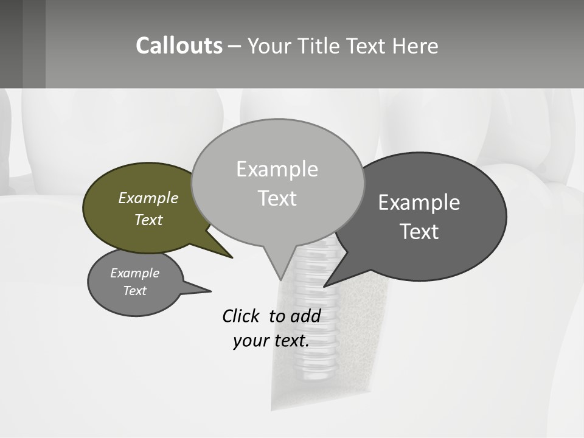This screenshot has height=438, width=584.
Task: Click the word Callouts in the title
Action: (179, 46)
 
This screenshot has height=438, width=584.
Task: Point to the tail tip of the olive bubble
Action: (231, 257)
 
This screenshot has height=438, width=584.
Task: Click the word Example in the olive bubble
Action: (148, 198)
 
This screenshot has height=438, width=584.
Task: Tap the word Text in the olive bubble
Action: (148, 220)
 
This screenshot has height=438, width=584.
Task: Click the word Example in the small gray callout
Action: (134, 273)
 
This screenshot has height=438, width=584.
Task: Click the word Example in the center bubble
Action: (277, 169)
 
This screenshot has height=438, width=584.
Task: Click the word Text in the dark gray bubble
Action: (419, 231)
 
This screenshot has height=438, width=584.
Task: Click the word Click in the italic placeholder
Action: (242, 316)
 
